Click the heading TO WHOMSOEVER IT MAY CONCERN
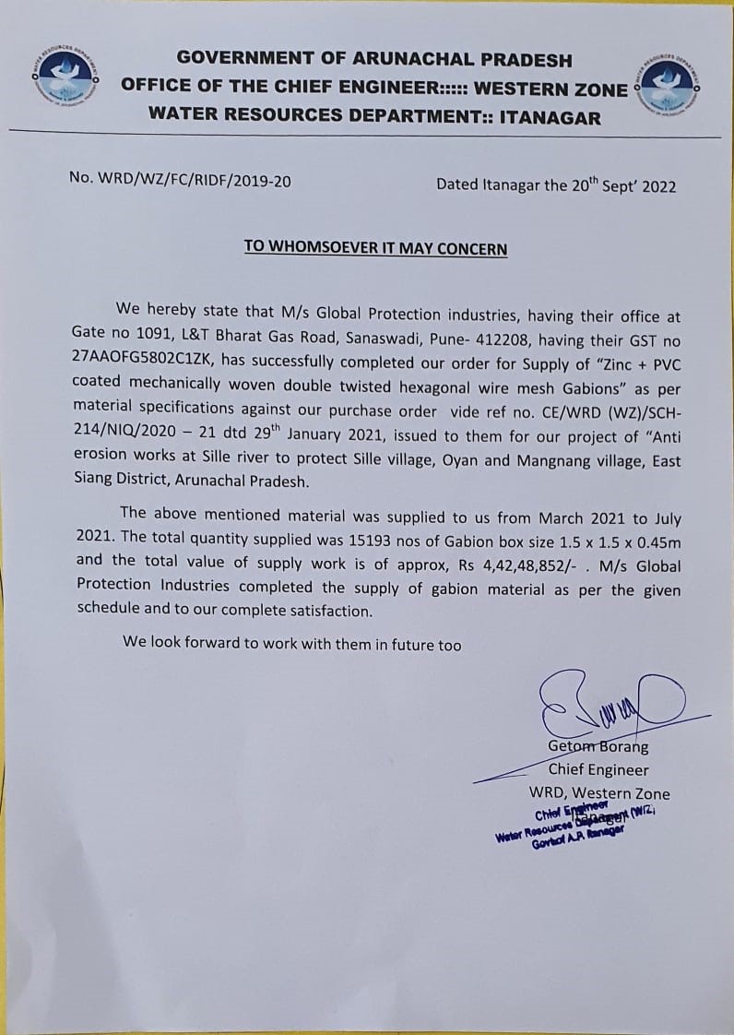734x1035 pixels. (x=375, y=248)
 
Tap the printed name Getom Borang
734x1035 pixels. (x=598, y=746)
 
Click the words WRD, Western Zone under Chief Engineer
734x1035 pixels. (x=599, y=792)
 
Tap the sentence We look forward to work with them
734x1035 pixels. (x=291, y=644)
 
